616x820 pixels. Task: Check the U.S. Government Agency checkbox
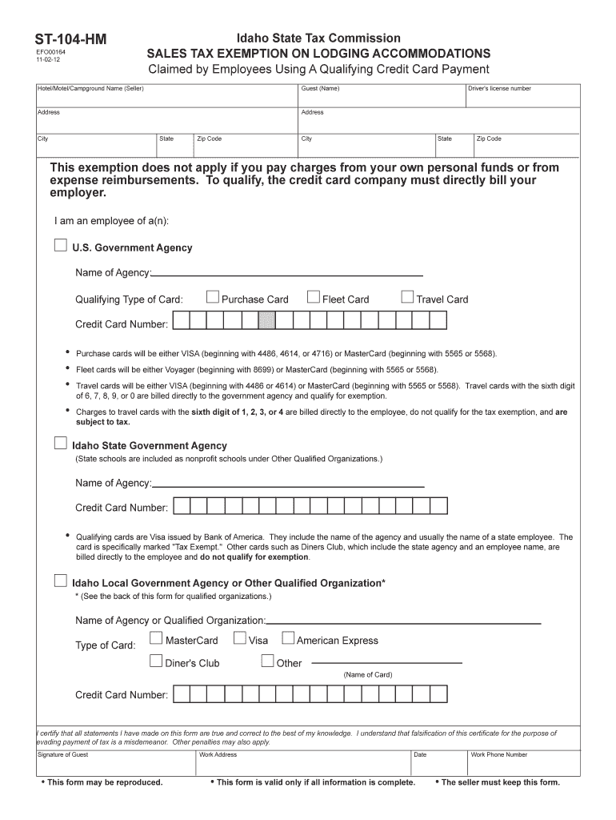click(x=61, y=246)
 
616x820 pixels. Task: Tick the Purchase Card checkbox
click(x=213, y=298)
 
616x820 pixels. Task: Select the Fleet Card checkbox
click(x=314, y=298)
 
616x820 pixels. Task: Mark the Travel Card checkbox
click(x=407, y=298)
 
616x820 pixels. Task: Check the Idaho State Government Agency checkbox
click(x=61, y=444)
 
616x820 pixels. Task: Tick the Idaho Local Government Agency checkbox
click(x=61, y=581)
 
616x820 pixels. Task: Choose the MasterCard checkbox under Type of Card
click(x=157, y=639)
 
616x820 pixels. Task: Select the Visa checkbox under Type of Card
click(x=240, y=639)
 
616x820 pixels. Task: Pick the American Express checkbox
click(x=288, y=639)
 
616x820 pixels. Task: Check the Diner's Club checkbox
click(x=157, y=661)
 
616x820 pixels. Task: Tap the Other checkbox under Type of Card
click(x=268, y=661)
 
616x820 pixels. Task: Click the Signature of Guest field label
click(x=63, y=754)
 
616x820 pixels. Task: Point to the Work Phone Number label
click(x=499, y=754)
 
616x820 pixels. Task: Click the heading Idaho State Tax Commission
click(x=318, y=38)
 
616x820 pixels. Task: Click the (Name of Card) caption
click(x=368, y=674)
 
